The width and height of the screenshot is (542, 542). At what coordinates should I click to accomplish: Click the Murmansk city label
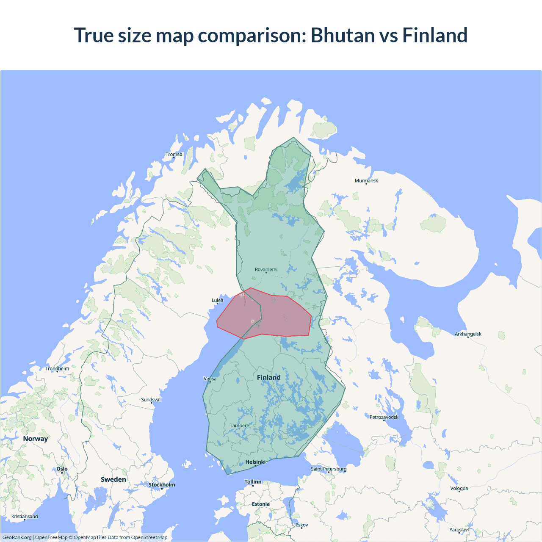click(x=366, y=181)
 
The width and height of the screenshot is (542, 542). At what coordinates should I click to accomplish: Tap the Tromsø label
click(x=174, y=155)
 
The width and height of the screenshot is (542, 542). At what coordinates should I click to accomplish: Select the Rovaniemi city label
click(x=266, y=270)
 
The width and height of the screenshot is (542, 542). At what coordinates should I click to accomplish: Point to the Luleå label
click(x=217, y=300)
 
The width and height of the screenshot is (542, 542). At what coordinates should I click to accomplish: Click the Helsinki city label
click(x=255, y=462)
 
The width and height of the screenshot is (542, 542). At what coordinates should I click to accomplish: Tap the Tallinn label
click(x=253, y=482)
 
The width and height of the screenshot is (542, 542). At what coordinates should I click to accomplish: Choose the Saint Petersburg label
click(x=329, y=469)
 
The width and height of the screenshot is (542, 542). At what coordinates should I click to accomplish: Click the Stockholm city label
click(x=161, y=485)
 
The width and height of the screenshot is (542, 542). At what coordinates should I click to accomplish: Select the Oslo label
click(x=62, y=469)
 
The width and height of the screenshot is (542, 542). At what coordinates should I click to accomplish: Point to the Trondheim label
click(x=57, y=368)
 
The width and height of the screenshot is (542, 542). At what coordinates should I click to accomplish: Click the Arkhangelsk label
click(x=468, y=334)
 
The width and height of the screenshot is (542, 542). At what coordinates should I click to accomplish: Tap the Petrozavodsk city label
click(x=384, y=417)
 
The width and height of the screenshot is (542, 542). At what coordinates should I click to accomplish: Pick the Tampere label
click(x=239, y=426)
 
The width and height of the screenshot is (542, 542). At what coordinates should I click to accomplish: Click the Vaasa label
click(x=210, y=379)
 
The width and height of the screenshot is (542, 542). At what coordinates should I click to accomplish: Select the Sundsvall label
click(x=151, y=400)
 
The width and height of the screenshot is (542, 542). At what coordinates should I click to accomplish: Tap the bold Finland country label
click(x=268, y=377)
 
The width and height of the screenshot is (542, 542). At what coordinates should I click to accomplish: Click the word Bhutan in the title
click(x=343, y=35)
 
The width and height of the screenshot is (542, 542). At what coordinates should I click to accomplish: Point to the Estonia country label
click(x=260, y=504)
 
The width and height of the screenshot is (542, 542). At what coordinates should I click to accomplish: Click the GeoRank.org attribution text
click(x=17, y=537)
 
